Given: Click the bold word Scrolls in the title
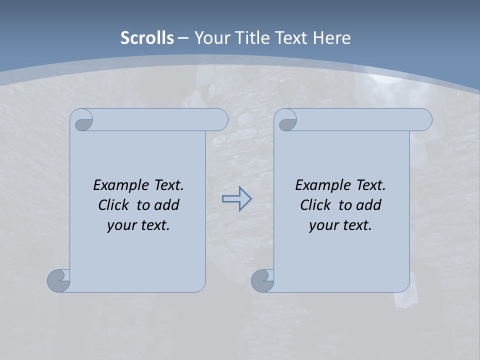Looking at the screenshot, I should [x=147, y=38].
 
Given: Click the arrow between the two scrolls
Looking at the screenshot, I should [x=236, y=199].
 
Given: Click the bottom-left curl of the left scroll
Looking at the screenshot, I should [x=58, y=280].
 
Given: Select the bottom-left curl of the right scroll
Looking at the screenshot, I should [x=262, y=280].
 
